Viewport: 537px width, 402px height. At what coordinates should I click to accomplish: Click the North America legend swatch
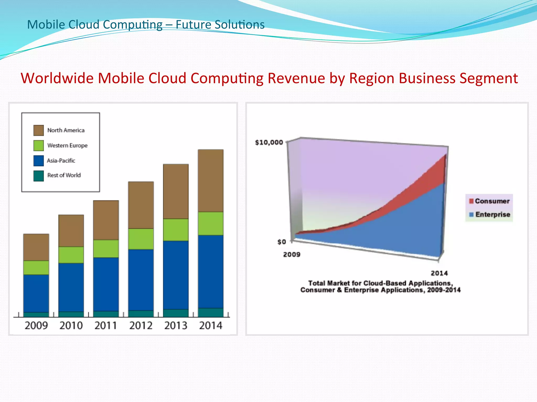[39, 130]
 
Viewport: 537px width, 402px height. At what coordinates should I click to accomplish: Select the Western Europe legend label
[67, 146]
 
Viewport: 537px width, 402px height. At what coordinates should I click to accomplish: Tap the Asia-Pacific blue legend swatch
[39, 161]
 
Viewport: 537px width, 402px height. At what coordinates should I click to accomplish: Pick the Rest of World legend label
[64, 175]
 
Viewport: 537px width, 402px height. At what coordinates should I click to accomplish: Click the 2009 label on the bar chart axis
[36, 326]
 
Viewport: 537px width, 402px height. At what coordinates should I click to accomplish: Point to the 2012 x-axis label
[141, 326]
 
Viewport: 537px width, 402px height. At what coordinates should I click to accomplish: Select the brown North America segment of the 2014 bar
[211, 181]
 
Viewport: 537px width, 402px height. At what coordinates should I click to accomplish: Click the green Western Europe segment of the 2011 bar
[106, 249]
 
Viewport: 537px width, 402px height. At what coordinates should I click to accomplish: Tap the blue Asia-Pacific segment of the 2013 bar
[176, 275]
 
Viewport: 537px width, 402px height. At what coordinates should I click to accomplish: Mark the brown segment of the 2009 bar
[36, 247]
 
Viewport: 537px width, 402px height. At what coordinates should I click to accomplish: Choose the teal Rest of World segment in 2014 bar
[211, 312]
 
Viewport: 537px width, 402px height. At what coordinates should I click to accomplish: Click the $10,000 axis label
[269, 143]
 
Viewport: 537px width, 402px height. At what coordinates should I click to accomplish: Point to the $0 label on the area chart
[282, 242]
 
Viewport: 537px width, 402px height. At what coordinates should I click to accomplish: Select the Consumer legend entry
[489, 201]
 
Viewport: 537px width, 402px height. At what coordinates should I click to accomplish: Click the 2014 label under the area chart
[439, 273]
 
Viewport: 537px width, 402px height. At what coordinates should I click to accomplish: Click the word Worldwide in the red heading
[57, 78]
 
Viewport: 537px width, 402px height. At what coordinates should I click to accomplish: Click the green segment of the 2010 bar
[71, 255]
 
